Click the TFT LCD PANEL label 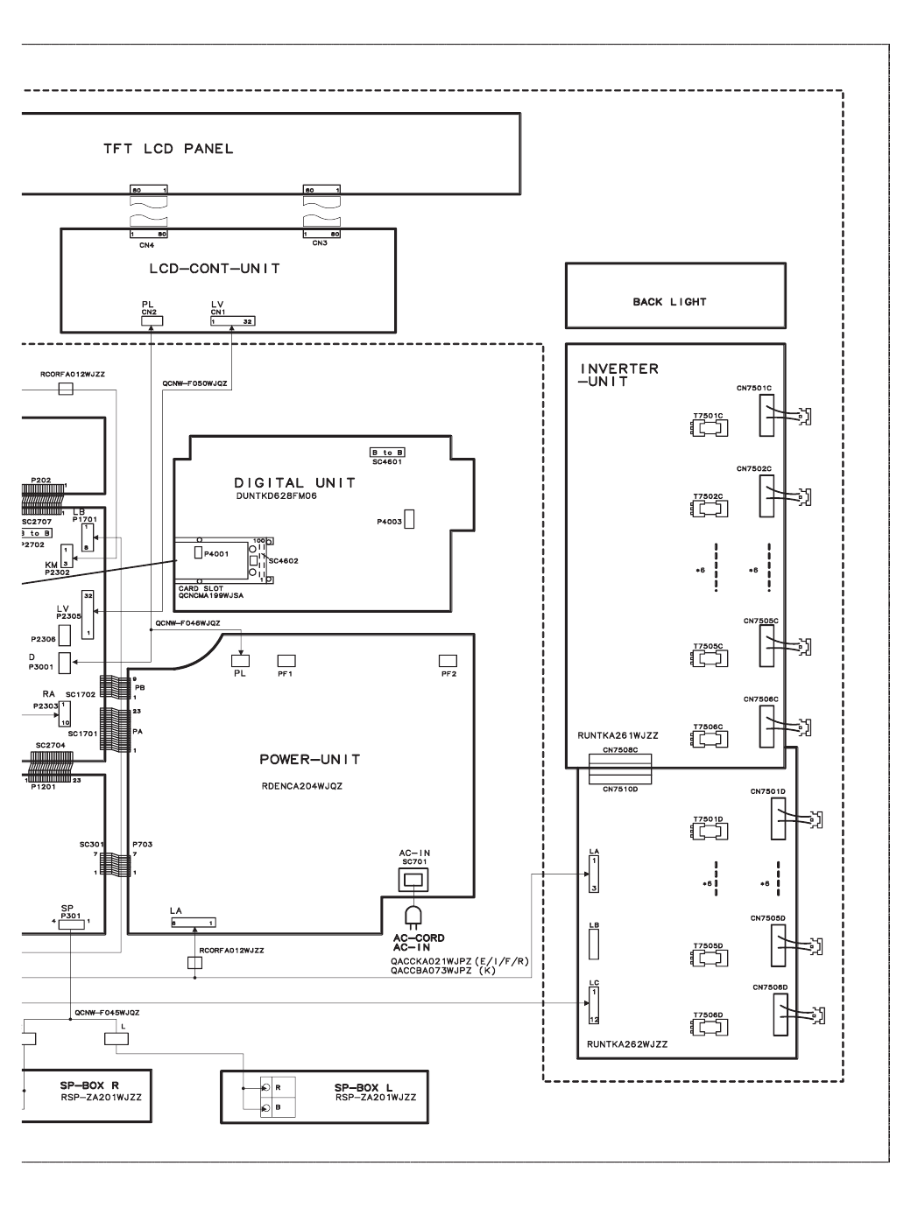(168, 149)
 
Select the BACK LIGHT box (674, 296)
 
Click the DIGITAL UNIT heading (294, 482)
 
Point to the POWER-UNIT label (309, 759)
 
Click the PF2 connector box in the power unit (448, 660)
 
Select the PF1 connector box (286, 660)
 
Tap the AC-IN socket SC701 (412, 879)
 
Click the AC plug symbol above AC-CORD (412, 916)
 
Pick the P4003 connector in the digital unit (408, 519)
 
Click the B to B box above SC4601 (386, 453)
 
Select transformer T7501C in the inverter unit (708, 428)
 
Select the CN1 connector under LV (232, 321)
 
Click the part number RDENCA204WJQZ (301, 786)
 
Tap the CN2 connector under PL (151, 321)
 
